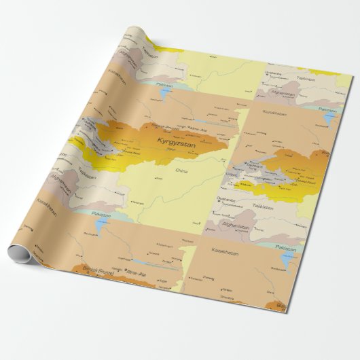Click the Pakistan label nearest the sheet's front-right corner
coord(287,249)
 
